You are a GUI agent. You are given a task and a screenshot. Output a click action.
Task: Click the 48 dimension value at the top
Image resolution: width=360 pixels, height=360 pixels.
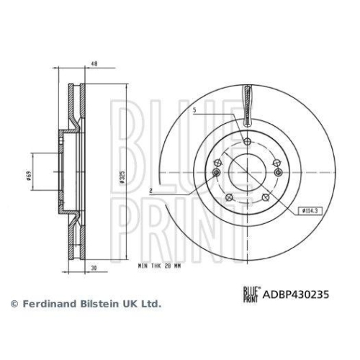94,63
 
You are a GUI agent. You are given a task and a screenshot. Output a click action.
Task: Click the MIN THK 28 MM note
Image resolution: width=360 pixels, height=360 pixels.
159,266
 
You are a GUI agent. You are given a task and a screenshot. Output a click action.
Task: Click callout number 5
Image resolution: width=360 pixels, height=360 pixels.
194,111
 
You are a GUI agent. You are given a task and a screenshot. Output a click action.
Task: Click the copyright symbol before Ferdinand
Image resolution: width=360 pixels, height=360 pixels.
12,305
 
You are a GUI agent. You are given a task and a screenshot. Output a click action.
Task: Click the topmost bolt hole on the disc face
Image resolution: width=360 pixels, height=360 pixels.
247,141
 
